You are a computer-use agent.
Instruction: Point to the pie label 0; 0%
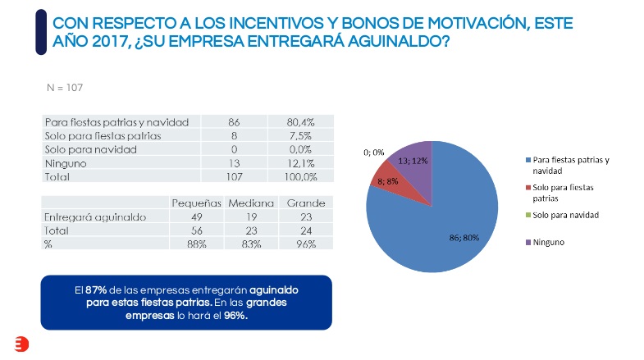pyautogui.click(x=374, y=152)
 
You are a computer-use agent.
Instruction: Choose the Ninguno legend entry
pyautogui.click(x=549, y=242)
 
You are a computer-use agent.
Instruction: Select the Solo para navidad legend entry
pyautogui.click(x=565, y=214)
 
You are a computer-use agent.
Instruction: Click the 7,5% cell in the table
pyautogui.click(x=299, y=136)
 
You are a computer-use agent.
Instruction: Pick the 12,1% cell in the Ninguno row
pyautogui.click(x=299, y=163)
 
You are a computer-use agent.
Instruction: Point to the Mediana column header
pyautogui.click(x=249, y=203)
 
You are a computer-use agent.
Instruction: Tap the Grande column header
pyautogui.click(x=304, y=203)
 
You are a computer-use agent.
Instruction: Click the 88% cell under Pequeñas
pyautogui.click(x=196, y=244)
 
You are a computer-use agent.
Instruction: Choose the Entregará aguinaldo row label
pyautogui.click(x=94, y=217)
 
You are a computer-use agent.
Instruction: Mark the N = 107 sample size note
pyautogui.click(x=66, y=86)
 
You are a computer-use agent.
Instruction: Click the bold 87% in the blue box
pyautogui.click(x=96, y=289)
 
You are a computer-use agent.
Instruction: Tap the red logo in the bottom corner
pyautogui.click(x=21, y=345)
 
